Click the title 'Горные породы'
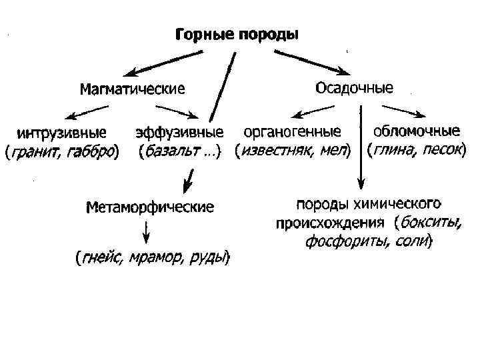pyautogui.click(x=237, y=34)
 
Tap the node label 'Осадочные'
pyautogui.click(x=353, y=87)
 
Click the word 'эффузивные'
pyautogui.click(x=179, y=131)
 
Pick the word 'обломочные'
pyautogui.click(x=417, y=129)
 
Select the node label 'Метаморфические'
pyautogui.click(x=150, y=207)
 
